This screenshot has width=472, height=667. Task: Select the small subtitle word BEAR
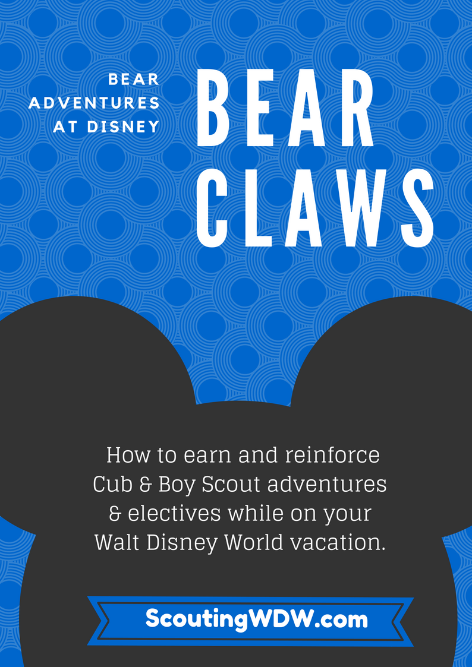pyautogui.click(x=134, y=80)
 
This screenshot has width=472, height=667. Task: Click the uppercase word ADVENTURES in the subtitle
pyautogui.click(x=94, y=103)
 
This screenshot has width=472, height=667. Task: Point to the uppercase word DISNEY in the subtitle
pyautogui.click(x=124, y=127)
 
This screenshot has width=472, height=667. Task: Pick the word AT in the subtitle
pyautogui.click(x=66, y=127)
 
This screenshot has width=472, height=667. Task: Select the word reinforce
pyautogui.click(x=332, y=455)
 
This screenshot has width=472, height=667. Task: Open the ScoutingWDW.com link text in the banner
pyautogui.click(x=257, y=619)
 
